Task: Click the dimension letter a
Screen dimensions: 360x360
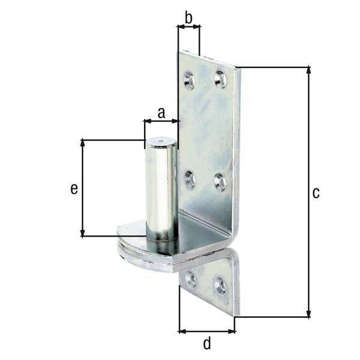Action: click(161, 111)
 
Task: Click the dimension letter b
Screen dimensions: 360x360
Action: click(188, 18)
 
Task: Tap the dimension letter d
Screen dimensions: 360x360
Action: click(207, 344)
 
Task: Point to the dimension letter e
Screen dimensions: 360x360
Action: click(74, 188)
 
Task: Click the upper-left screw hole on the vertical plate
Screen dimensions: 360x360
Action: click(190, 78)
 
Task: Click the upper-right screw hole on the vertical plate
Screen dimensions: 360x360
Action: click(220, 78)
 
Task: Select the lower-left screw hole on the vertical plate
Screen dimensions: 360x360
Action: click(190, 178)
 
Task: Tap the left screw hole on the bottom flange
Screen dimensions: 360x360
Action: click(191, 278)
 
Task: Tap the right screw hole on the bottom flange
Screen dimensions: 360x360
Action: click(220, 286)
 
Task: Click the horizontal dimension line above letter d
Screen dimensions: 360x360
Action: click(207, 331)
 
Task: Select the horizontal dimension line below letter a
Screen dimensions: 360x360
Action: click(161, 121)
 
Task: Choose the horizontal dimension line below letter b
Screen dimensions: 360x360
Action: click(188, 26)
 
